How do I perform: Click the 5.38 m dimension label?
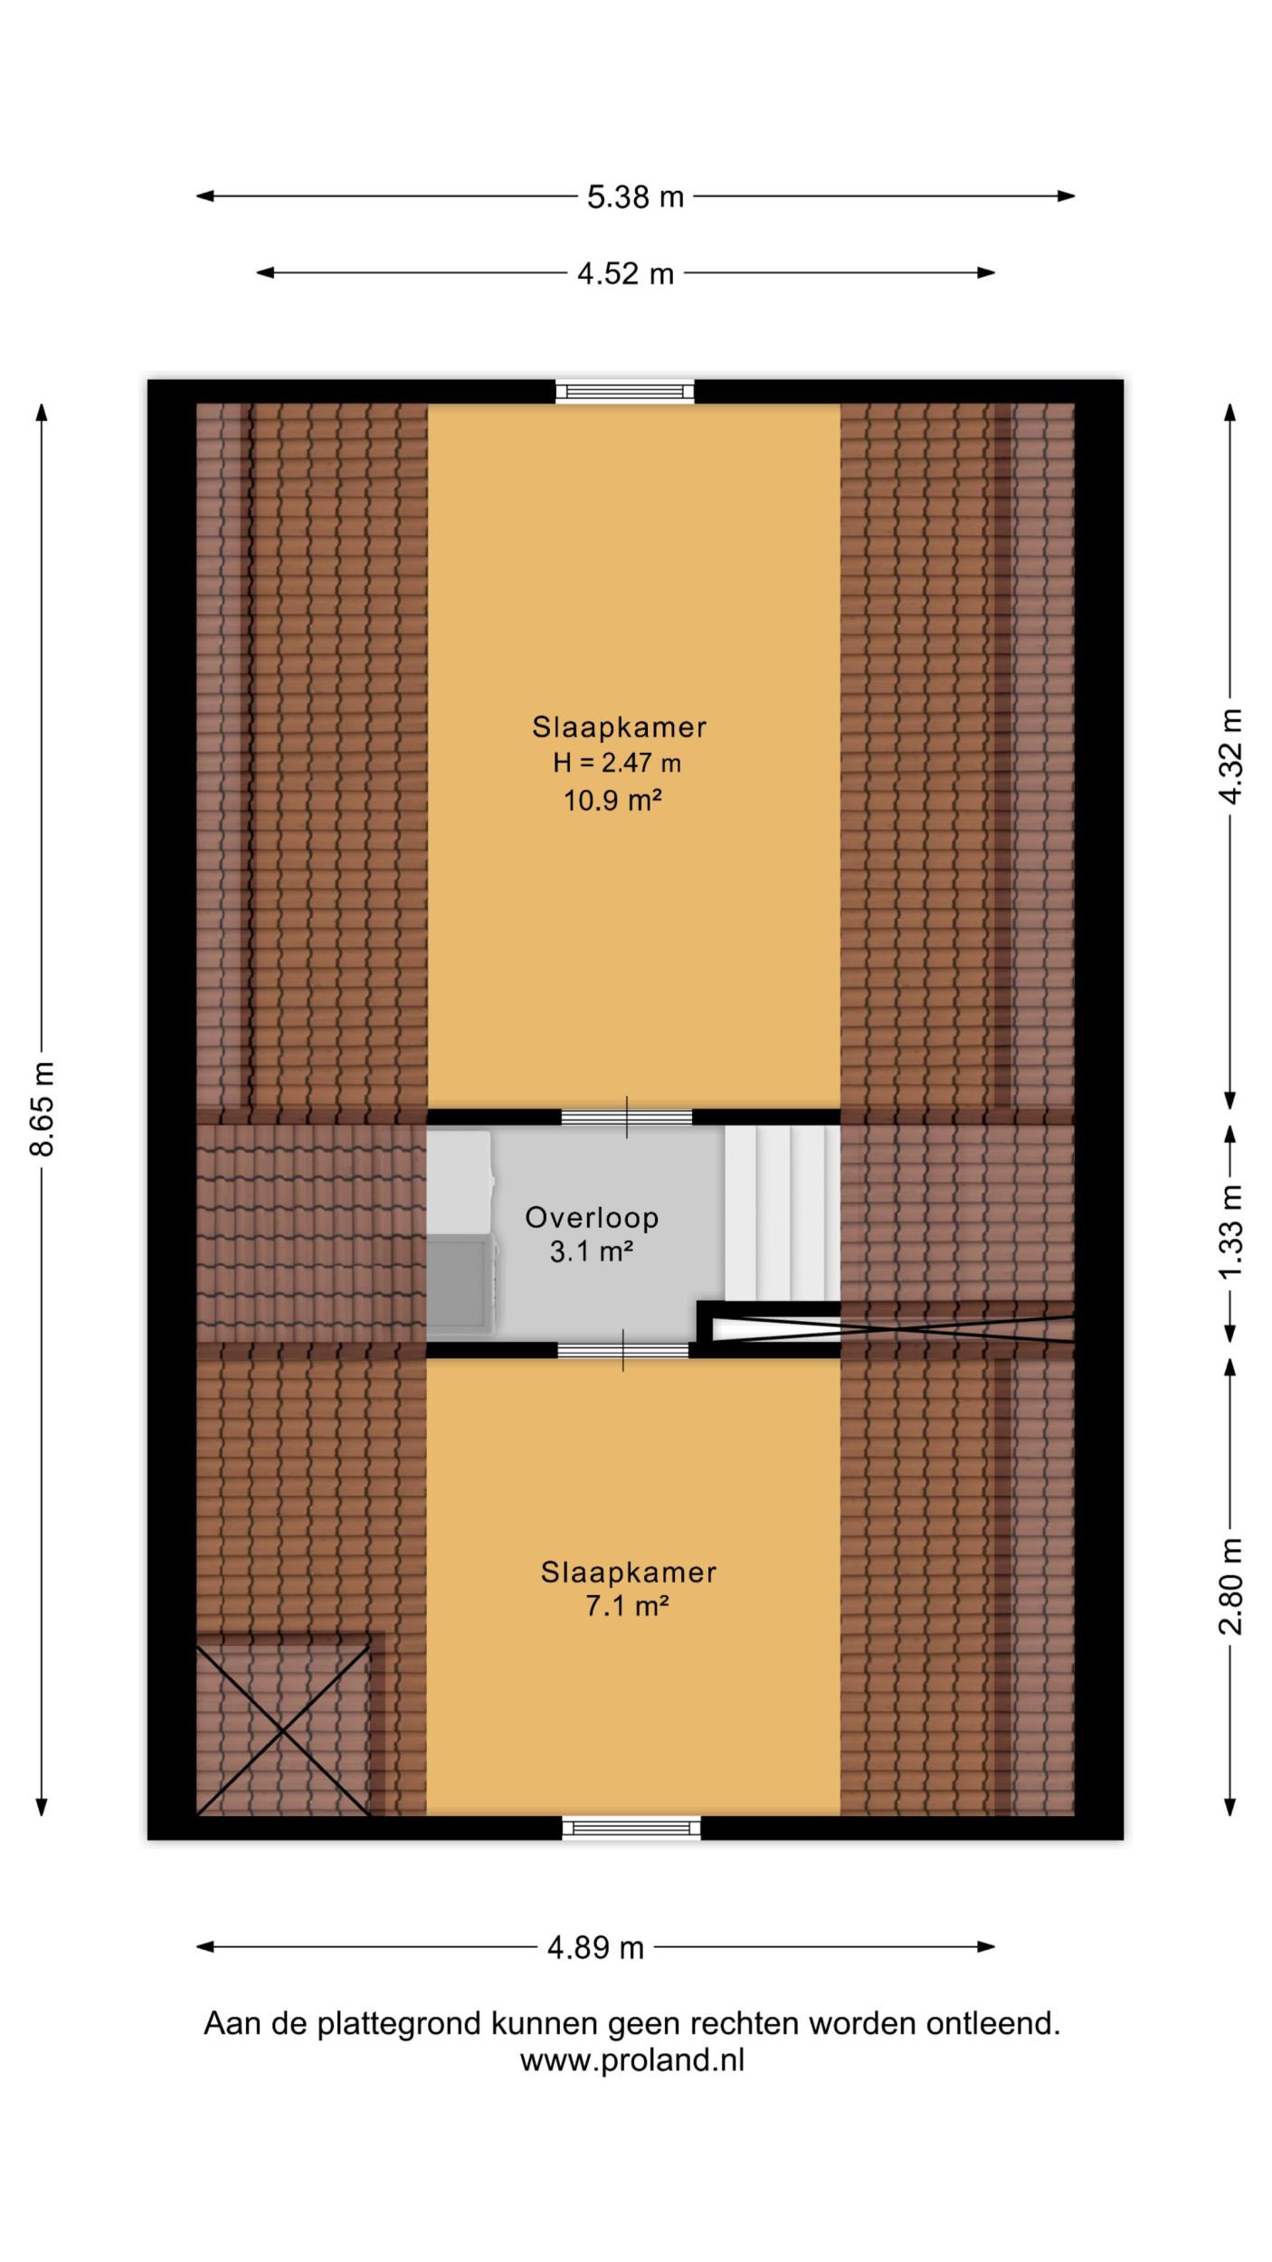click(x=635, y=196)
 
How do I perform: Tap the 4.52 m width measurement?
click(x=625, y=273)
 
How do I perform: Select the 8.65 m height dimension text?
click(x=42, y=1107)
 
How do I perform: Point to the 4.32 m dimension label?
click(x=1230, y=756)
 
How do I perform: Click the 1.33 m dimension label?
click(x=1230, y=1231)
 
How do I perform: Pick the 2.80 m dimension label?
click(x=1230, y=1586)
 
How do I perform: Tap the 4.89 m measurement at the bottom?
click(x=595, y=1946)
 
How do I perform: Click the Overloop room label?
click(x=592, y=1217)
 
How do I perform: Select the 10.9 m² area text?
click(x=608, y=800)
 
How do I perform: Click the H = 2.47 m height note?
click(x=617, y=763)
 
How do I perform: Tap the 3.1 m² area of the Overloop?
click(x=591, y=1251)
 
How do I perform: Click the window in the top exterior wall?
click(x=625, y=391)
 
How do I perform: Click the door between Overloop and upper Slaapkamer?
click(x=627, y=1117)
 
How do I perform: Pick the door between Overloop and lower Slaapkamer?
click(x=623, y=1351)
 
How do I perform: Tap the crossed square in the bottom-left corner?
click(x=283, y=1729)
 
